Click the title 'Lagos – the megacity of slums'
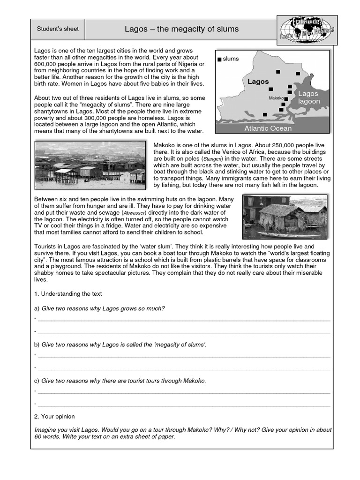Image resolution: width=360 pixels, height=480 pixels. (181, 29)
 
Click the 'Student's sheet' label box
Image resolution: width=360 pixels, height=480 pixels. (58, 29)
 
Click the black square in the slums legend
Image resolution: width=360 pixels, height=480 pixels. (219, 59)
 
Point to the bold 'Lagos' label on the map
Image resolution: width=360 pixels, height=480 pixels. (258, 82)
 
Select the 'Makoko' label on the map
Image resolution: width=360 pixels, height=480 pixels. (277, 98)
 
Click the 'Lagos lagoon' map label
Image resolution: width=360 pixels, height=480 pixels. (309, 97)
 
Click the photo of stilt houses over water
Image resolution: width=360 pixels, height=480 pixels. (90, 163)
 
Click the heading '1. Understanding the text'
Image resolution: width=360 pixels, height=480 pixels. (68, 294)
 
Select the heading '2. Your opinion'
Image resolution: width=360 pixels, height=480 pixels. (54, 416)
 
